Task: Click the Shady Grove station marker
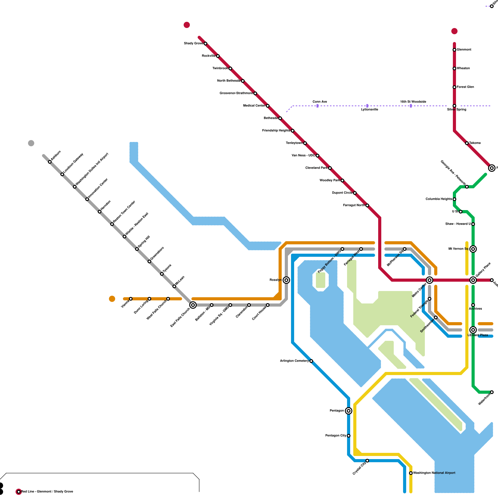tap(205, 44)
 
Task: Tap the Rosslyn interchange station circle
tap(286, 280)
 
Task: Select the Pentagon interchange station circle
tap(349, 411)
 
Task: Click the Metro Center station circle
tap(430, 280)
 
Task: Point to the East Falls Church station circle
tap(193, 305)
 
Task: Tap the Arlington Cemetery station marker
tap(311, 361)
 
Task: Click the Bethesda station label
tap(271, 118)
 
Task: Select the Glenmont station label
tap(464, 50)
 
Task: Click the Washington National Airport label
tap(434, 473)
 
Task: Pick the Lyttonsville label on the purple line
tap(369, 110)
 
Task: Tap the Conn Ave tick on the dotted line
tap(317, 106)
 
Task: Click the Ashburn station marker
tap(50, 162)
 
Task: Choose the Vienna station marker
tap(131, 299)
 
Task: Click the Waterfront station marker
tap(492, 392)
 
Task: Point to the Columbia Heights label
tap(439, 199)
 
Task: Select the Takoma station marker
tap(467, 143)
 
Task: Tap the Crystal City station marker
tap(367, 461)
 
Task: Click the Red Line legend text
tap(47, 492)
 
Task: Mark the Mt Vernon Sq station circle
tap(473, 249)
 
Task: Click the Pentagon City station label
tap(336, 436)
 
